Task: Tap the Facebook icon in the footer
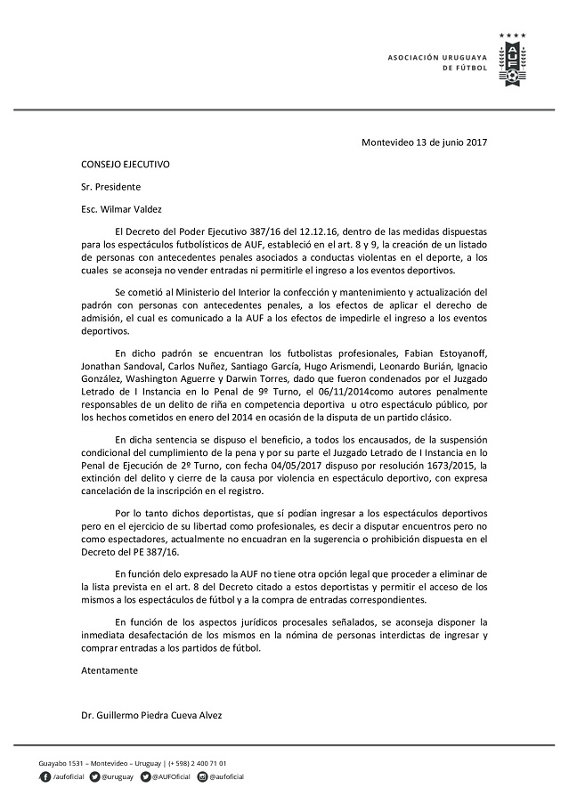point(45,776)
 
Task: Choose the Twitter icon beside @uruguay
point(93,776)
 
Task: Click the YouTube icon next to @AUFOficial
point(144,776)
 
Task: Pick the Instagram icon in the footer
point(202,776)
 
